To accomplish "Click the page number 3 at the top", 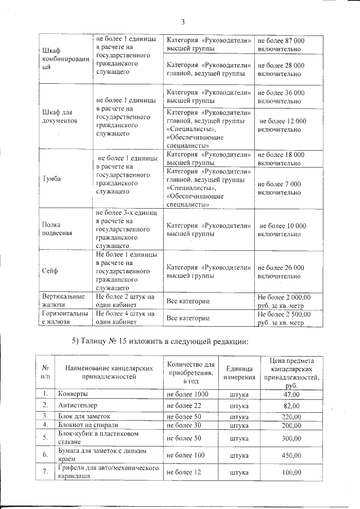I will (183, 22).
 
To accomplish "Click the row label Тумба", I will (52, 180).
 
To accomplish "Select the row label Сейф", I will (50, 271).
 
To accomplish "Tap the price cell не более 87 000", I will (281, 46).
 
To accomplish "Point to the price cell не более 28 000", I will (281, 70).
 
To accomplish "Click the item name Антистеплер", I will (78, 405).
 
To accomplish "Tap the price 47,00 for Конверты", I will (291, 394).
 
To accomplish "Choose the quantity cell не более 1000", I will (187, 394).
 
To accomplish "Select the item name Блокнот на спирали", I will (88, 425).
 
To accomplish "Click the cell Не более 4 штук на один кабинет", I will (125, 319).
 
